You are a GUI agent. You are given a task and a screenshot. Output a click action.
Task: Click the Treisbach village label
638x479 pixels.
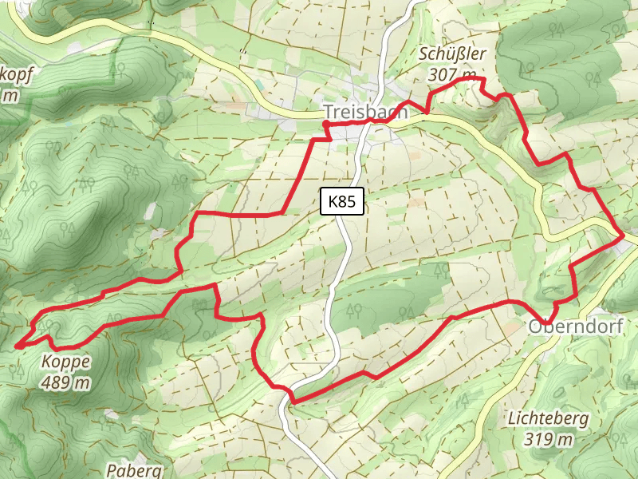364,113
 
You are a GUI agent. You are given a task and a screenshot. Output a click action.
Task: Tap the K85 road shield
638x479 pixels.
342,201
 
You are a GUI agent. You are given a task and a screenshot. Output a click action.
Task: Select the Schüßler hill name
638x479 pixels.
451,55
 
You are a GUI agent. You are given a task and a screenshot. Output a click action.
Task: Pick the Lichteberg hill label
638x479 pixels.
549,418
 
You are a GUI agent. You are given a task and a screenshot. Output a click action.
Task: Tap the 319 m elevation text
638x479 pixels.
549,438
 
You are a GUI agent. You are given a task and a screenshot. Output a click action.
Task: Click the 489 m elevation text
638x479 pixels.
65,382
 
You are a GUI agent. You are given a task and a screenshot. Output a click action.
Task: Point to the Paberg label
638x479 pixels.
134,470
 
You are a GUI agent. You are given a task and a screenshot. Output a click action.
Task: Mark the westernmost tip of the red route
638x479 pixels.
16,346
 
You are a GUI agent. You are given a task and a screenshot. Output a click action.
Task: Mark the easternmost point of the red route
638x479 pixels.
623,236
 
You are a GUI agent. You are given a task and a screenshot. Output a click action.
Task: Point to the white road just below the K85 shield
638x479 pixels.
344,228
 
